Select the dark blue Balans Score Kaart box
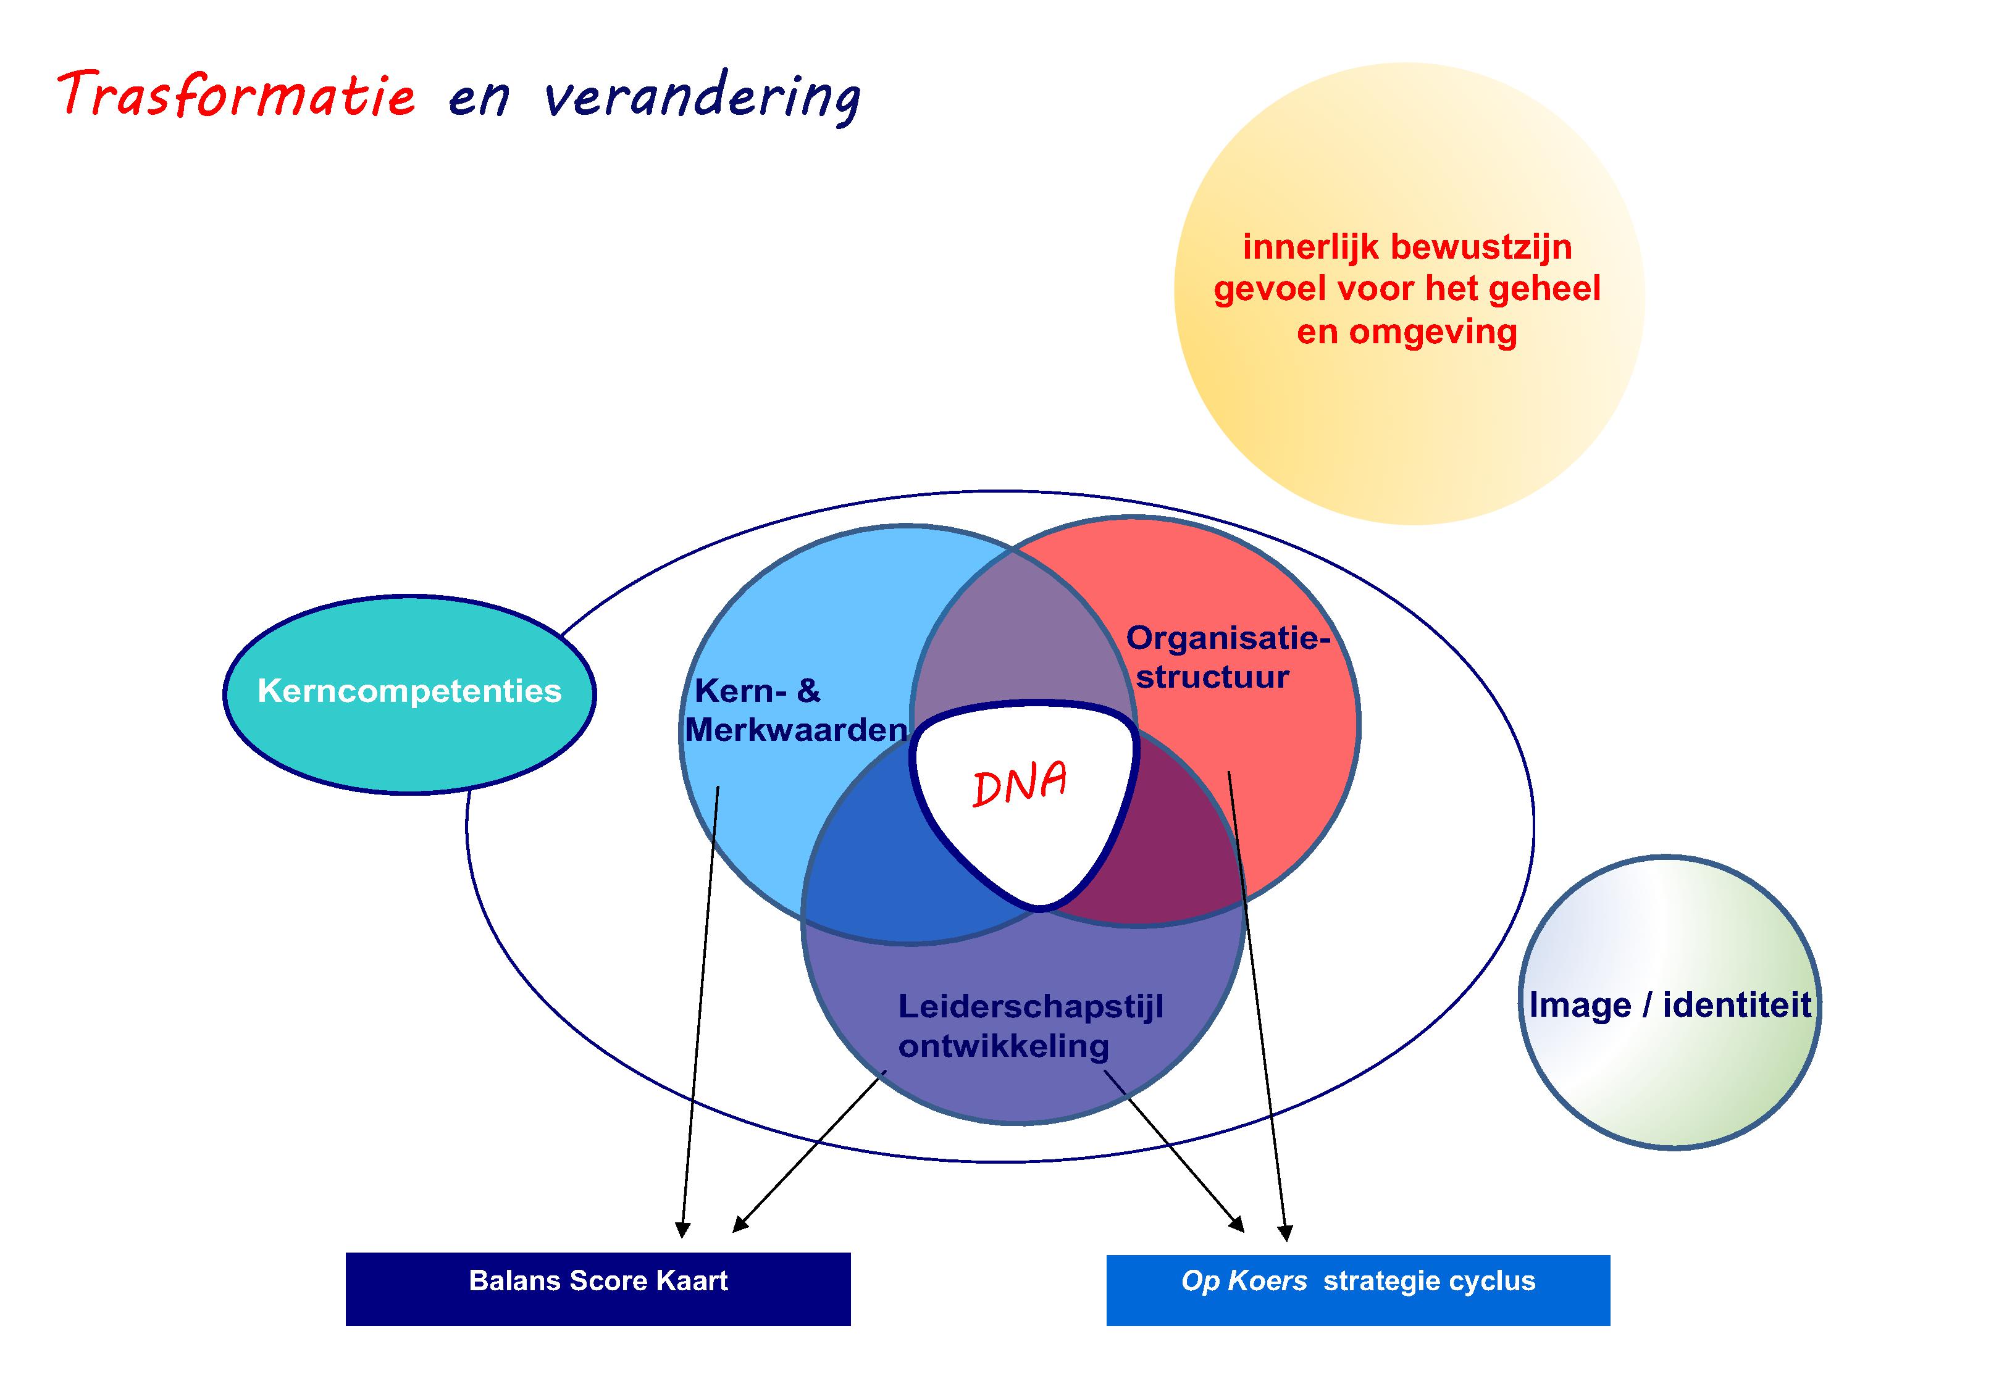coord(598,1289)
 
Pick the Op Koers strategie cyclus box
coord(1358,1290)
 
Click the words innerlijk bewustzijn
coord(1407,247)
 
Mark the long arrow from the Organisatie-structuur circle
coord(1258,1005)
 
